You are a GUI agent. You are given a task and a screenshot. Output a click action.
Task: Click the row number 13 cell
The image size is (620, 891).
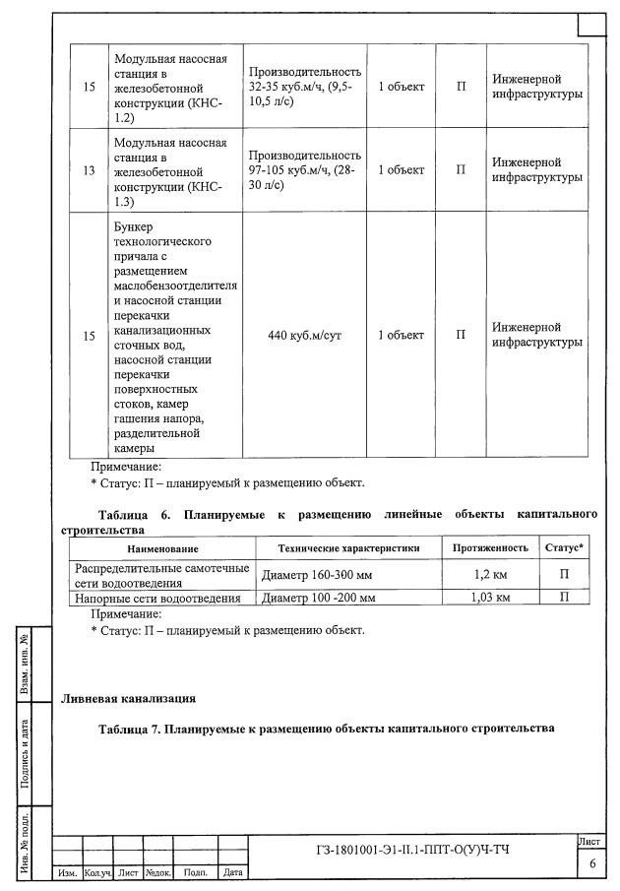pos(89,169)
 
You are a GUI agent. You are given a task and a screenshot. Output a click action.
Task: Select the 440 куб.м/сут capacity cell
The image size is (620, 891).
pos(304,335)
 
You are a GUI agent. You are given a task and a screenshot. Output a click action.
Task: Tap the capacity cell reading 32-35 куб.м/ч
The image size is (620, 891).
pos(304,87)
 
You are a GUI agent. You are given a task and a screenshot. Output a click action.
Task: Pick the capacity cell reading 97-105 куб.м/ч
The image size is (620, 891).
pos(304,169)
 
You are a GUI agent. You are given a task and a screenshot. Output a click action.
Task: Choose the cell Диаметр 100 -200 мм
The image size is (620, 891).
pos(320,598)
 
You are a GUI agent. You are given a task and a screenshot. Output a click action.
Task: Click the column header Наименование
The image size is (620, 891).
pos(162,547)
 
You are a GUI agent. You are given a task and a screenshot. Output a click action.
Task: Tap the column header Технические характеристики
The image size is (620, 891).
pos(348,547)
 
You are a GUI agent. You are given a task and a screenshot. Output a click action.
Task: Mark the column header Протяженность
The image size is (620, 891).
pos(490,547)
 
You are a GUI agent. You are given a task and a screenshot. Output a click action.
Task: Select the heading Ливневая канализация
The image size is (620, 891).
pos(128,699)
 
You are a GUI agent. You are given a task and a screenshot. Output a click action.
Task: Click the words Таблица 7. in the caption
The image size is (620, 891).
pos(130,729)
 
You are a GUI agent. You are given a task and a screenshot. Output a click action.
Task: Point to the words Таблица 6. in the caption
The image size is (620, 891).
pos(135,514)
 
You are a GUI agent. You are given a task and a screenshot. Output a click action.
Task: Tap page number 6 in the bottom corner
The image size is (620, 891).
pos(592,863)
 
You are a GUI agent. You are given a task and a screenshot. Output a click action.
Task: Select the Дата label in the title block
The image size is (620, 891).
pos(233,872)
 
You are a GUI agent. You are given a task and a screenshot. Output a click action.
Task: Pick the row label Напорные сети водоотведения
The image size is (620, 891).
pos(158,598)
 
